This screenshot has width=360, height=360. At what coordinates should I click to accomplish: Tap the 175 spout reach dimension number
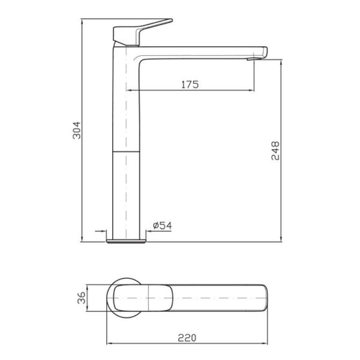(189, 85)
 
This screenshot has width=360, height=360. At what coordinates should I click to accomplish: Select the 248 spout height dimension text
(275, 151)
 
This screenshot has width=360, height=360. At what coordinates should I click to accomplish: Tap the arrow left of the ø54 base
(103, 232)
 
